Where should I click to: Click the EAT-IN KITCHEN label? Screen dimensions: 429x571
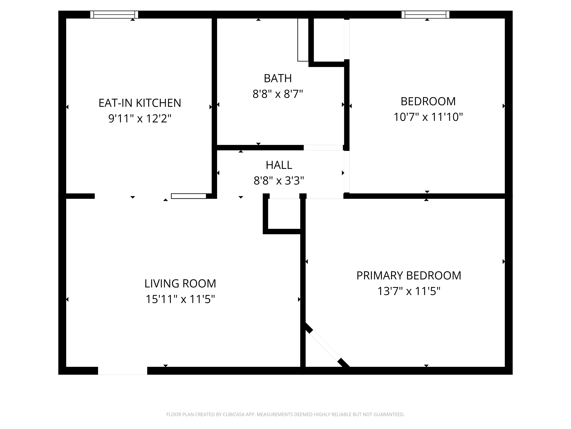(x=140, y=103)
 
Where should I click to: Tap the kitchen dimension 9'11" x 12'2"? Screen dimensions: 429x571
(x=140, y=119)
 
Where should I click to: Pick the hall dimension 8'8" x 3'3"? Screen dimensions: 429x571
(x=279, y=181)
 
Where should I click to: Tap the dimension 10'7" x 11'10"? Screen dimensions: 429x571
(x=428, y=117)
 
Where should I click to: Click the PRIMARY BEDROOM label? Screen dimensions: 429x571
(x=409, y=276)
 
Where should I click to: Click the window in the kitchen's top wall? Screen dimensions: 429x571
(x=114, y=14)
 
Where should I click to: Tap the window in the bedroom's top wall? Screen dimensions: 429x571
(x=425, y=14)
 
